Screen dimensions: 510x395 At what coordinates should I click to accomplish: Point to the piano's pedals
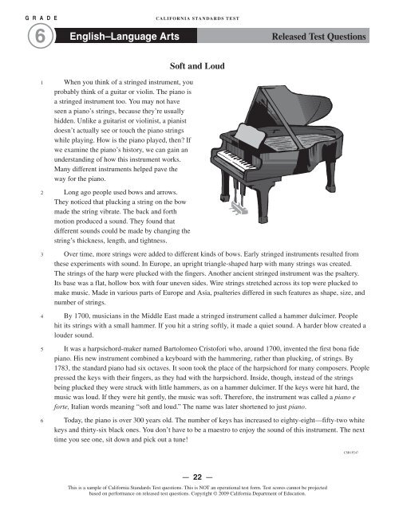237,209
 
